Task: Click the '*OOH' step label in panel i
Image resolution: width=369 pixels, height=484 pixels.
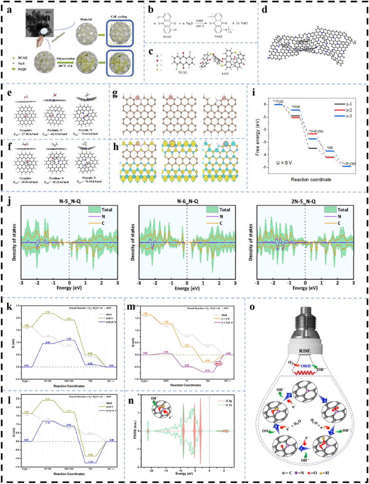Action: tap(296, 94)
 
